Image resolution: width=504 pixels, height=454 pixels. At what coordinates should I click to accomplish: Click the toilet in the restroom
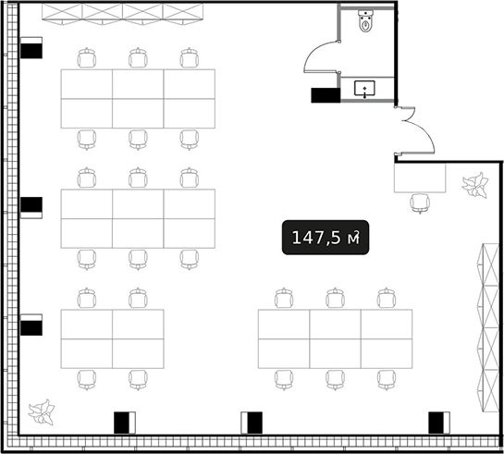(365, 21)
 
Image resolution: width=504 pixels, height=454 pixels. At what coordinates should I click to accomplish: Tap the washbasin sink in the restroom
(364, 89)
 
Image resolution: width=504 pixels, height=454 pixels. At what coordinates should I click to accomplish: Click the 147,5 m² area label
(326, 238)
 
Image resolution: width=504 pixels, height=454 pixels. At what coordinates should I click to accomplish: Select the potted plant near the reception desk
(475, 186)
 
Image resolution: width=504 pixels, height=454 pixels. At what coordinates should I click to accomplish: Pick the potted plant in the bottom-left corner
(42, 412)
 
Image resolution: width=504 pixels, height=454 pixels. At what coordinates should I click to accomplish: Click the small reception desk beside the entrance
(420, 178)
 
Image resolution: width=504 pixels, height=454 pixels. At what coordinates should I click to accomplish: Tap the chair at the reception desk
(420, 203)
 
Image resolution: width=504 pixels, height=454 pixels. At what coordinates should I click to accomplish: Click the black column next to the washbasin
(326, 95)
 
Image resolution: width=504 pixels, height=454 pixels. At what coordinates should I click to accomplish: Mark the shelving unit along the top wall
(122, 14)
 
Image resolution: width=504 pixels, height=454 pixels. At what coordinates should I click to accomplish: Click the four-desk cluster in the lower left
(113, 339)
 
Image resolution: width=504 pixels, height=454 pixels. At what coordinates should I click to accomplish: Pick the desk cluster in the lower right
(336, 339)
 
